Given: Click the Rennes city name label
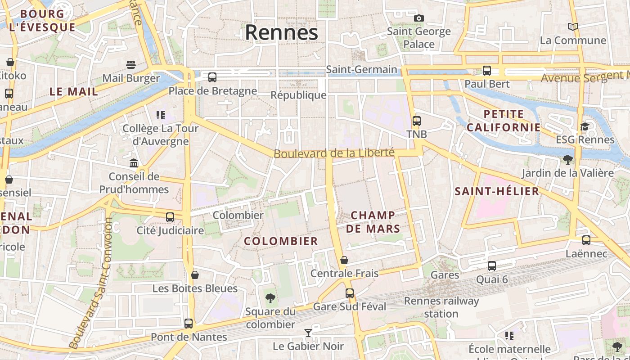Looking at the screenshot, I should tap(281, 32).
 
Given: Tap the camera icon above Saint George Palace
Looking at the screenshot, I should tap(419, 18).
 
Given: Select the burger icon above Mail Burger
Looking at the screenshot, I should tap(131, 65).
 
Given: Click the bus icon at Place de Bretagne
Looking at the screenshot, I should tap(212, 77).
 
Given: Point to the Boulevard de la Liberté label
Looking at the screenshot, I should tap(334, 153).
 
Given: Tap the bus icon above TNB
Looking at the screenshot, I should tap(417, 121).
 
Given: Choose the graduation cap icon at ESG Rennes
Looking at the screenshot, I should tap(585, 126).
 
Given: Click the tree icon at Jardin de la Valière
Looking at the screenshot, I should tap(568, 159).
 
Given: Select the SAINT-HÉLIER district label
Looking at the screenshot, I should tap(497, 191).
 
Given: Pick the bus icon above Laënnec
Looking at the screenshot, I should tap(586, 240).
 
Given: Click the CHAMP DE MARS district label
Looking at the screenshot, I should tap(373, 222).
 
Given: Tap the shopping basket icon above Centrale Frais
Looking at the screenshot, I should tap(344, 260).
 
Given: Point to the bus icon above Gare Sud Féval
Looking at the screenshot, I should tap(350, 293).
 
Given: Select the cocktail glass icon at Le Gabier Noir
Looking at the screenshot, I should tap(308, 333).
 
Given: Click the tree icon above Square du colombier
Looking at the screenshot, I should tap(270, 298).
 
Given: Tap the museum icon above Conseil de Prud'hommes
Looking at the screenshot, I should tap(134, 163).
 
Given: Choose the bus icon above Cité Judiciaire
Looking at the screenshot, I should tap(170, 217).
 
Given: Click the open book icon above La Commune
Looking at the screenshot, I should tap(573, 27).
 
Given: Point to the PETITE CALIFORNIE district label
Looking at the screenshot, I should tap(504, 121).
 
